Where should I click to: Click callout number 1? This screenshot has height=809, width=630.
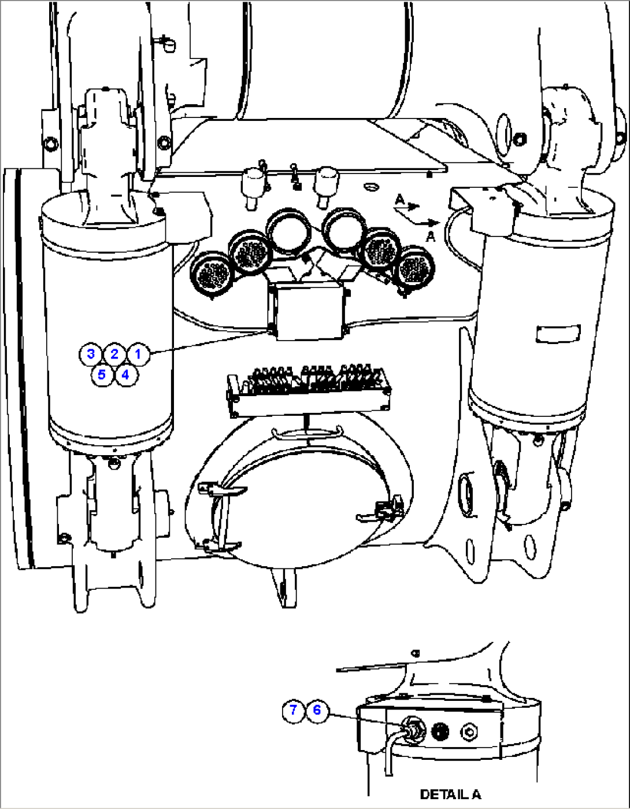pos(138,354)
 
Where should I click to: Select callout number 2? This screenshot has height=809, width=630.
pos(114,354)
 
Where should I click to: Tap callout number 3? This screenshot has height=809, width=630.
pos(91,354)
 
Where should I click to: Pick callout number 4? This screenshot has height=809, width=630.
pos(125,374)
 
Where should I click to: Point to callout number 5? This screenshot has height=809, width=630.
pos(102,374)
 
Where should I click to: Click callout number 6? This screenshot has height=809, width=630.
pos(317,710)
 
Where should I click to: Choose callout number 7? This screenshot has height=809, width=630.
pos(294,710)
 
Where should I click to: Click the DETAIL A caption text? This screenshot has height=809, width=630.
pos(450,795)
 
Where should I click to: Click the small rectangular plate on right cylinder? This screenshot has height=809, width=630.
pos(558,334)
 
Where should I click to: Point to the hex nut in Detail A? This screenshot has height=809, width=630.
pos(469,733)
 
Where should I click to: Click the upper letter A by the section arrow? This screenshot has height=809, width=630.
pos(399,200)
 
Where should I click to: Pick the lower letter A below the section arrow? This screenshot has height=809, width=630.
pos(430,236)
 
